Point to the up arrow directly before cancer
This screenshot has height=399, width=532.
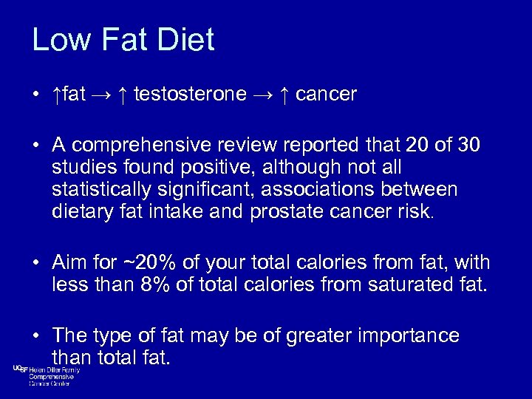tap(284, 95)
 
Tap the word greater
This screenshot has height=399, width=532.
tap(304, 336)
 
